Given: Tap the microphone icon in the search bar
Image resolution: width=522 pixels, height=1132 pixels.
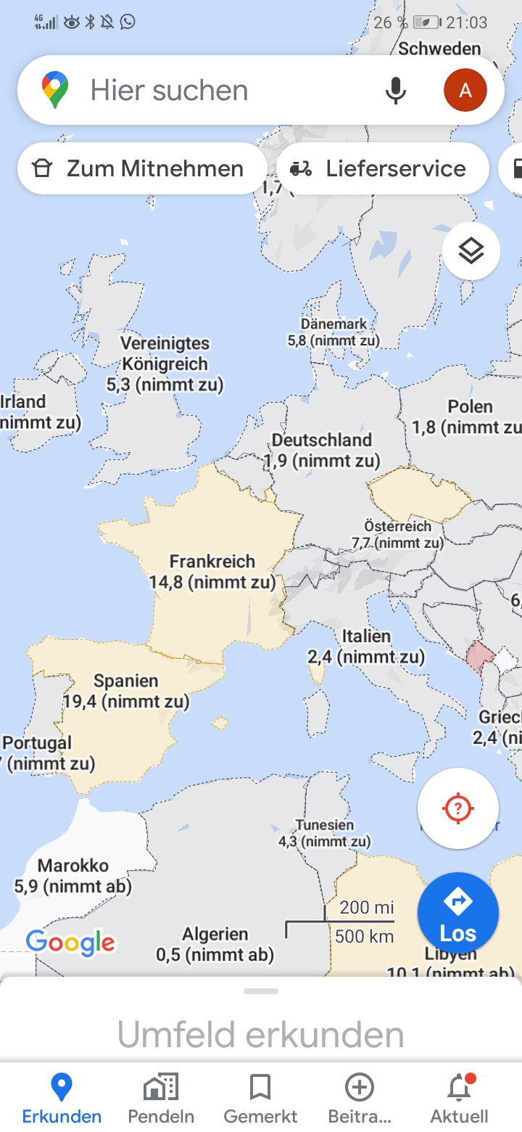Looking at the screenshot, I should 395,91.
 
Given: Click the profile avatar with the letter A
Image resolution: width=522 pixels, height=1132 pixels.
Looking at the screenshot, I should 465,91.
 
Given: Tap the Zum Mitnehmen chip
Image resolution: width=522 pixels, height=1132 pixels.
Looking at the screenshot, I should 141,168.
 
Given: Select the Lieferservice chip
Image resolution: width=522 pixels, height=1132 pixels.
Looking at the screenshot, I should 382,168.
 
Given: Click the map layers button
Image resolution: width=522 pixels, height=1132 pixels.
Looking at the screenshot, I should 471,251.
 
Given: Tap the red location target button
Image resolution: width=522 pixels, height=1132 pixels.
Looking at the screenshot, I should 458,808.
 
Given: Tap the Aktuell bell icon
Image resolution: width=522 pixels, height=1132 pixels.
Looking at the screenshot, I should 459,1088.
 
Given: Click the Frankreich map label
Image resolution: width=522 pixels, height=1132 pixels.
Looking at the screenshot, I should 212,561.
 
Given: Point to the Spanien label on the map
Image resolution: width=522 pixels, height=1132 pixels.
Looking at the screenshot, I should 126,681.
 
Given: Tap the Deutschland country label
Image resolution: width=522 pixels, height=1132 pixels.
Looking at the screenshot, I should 322,440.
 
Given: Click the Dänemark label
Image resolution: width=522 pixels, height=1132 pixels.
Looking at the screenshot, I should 333,324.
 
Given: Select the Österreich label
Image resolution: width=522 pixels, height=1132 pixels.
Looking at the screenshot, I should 397,526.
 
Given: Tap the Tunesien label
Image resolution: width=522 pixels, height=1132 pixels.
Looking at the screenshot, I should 325,825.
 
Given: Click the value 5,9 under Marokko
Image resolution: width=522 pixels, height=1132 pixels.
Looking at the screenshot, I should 27,886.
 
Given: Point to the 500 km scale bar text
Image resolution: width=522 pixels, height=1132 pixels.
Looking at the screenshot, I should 365,936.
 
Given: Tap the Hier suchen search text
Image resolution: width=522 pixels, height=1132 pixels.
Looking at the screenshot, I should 170,91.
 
